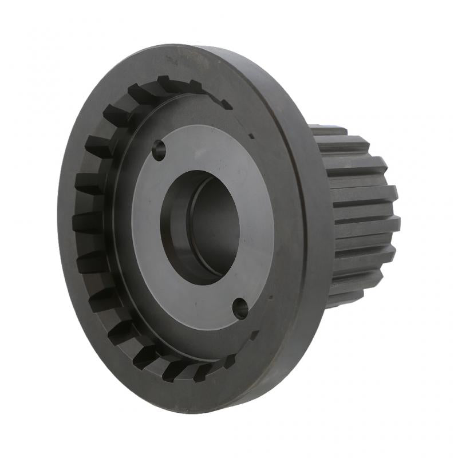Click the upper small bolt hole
159,151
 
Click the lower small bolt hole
240,309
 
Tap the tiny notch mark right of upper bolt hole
251,136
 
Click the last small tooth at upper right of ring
226,105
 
